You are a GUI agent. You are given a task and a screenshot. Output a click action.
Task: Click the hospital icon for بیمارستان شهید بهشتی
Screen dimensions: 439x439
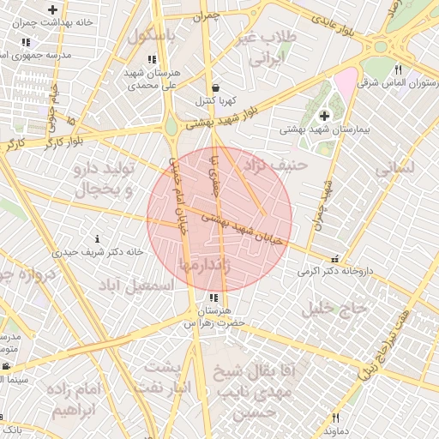click(323, 116)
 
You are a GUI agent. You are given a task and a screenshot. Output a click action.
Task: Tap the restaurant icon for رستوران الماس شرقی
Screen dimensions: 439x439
click(398, 70)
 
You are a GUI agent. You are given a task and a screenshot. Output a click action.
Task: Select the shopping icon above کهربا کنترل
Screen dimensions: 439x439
click(214, 87)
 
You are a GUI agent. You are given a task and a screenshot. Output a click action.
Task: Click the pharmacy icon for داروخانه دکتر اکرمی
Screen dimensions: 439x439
click(334, 259)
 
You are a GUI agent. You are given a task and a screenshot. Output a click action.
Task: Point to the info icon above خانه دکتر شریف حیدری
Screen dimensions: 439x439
click(97, 238)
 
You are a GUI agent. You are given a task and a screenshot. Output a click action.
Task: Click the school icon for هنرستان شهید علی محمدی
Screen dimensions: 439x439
click(151, 59)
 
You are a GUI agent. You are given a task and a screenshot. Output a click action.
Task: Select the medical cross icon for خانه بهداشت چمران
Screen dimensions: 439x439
click(53, 9)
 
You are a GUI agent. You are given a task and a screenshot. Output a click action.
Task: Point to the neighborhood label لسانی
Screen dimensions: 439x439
click(394, 168)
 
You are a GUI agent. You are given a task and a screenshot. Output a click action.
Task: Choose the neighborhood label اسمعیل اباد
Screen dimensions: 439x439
click(135, 286)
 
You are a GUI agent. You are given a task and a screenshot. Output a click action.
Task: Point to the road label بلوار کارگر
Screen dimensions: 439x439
click(40, 140)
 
